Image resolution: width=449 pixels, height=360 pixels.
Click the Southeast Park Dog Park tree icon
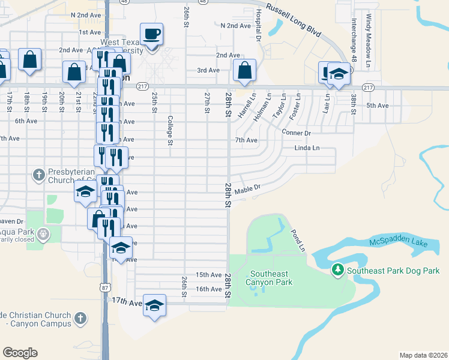pyautogui.click(x=338, y=271)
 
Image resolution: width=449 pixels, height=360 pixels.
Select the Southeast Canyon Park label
pyautogui.click(x=269, y=278)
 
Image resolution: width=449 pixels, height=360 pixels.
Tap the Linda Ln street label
pyautogui.click(x=306, y=148)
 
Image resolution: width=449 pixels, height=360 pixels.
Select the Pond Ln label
pyautogui.click(x=298, y=240)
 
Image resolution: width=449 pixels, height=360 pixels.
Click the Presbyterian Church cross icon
pyautogui.click(x=38, y=175)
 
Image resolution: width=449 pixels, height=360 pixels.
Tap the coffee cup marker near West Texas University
pyautogui.click(x=152, y=34)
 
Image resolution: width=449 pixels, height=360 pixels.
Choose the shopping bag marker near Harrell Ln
pyautogui.click(x=245, y=70)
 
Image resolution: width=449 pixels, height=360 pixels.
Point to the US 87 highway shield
pyautogui.click(x=105, y=288)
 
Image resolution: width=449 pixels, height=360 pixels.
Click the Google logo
pyautogui.click(x=20, y=352)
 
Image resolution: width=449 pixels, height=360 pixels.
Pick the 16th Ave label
pyautogui.click(x=209, y=289)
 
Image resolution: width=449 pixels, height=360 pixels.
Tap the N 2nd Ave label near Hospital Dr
pyautogui.click(x=235, y=26)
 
